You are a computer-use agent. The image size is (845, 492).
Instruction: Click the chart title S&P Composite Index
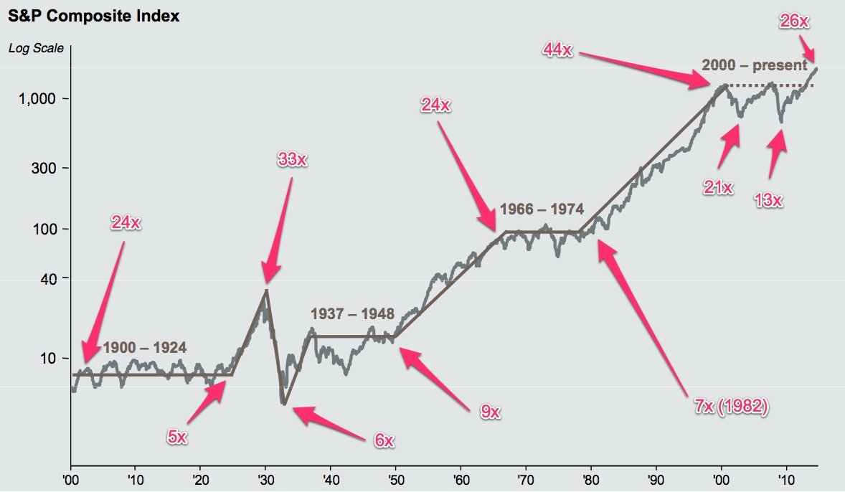(94, 16)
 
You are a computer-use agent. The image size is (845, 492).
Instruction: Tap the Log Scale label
(36, 48)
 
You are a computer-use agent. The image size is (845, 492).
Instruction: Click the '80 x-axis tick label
(590, 478)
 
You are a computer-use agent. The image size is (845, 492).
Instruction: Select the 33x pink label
(292, 160)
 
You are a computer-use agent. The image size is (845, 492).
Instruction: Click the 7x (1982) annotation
(731, 407)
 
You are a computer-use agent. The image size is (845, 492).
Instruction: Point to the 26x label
(794, 22)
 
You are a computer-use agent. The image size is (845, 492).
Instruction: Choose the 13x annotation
(768, 200)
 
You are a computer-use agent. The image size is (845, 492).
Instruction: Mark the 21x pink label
(718, 188)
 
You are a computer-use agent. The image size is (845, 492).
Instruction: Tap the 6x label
(384, 440)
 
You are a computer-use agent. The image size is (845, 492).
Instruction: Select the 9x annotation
(490, 412)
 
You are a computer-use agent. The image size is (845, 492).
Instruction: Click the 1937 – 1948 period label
(352, 314)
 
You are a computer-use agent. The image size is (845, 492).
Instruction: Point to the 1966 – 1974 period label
(542, 209)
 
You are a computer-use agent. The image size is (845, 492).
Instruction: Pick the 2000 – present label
(754, 65)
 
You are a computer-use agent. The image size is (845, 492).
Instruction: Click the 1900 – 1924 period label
(145, 348)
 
